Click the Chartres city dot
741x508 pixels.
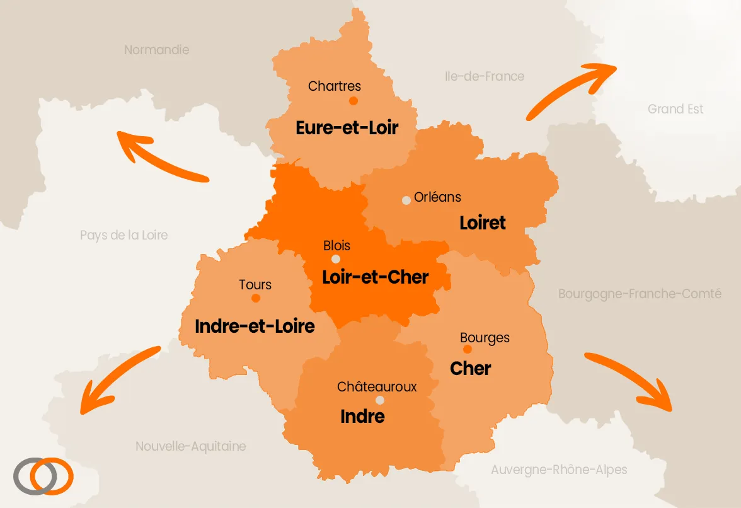point(353,101)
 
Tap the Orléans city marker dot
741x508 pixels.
point(406,200)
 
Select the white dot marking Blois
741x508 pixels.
point(336,259)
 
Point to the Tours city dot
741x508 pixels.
point(255,298)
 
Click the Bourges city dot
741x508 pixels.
point(467,349)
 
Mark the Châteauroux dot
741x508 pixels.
point(379,400)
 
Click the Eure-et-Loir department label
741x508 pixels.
point(347,128)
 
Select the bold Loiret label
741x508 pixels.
point(483,222)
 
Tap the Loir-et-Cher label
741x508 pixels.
point(376,277)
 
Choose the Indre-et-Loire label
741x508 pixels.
point(255,326)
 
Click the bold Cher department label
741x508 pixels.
point(471,369)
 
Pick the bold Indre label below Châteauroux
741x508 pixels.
point(362,417)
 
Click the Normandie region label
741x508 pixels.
point(156,50)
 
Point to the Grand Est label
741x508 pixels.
point(675,109)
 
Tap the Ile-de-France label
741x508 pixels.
point(484,76)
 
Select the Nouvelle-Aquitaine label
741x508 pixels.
point(191,446)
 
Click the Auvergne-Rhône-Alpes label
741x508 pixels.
point(559,470)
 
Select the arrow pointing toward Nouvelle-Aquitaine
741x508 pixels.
point(120,379)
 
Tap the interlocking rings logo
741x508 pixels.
point(43,476)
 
